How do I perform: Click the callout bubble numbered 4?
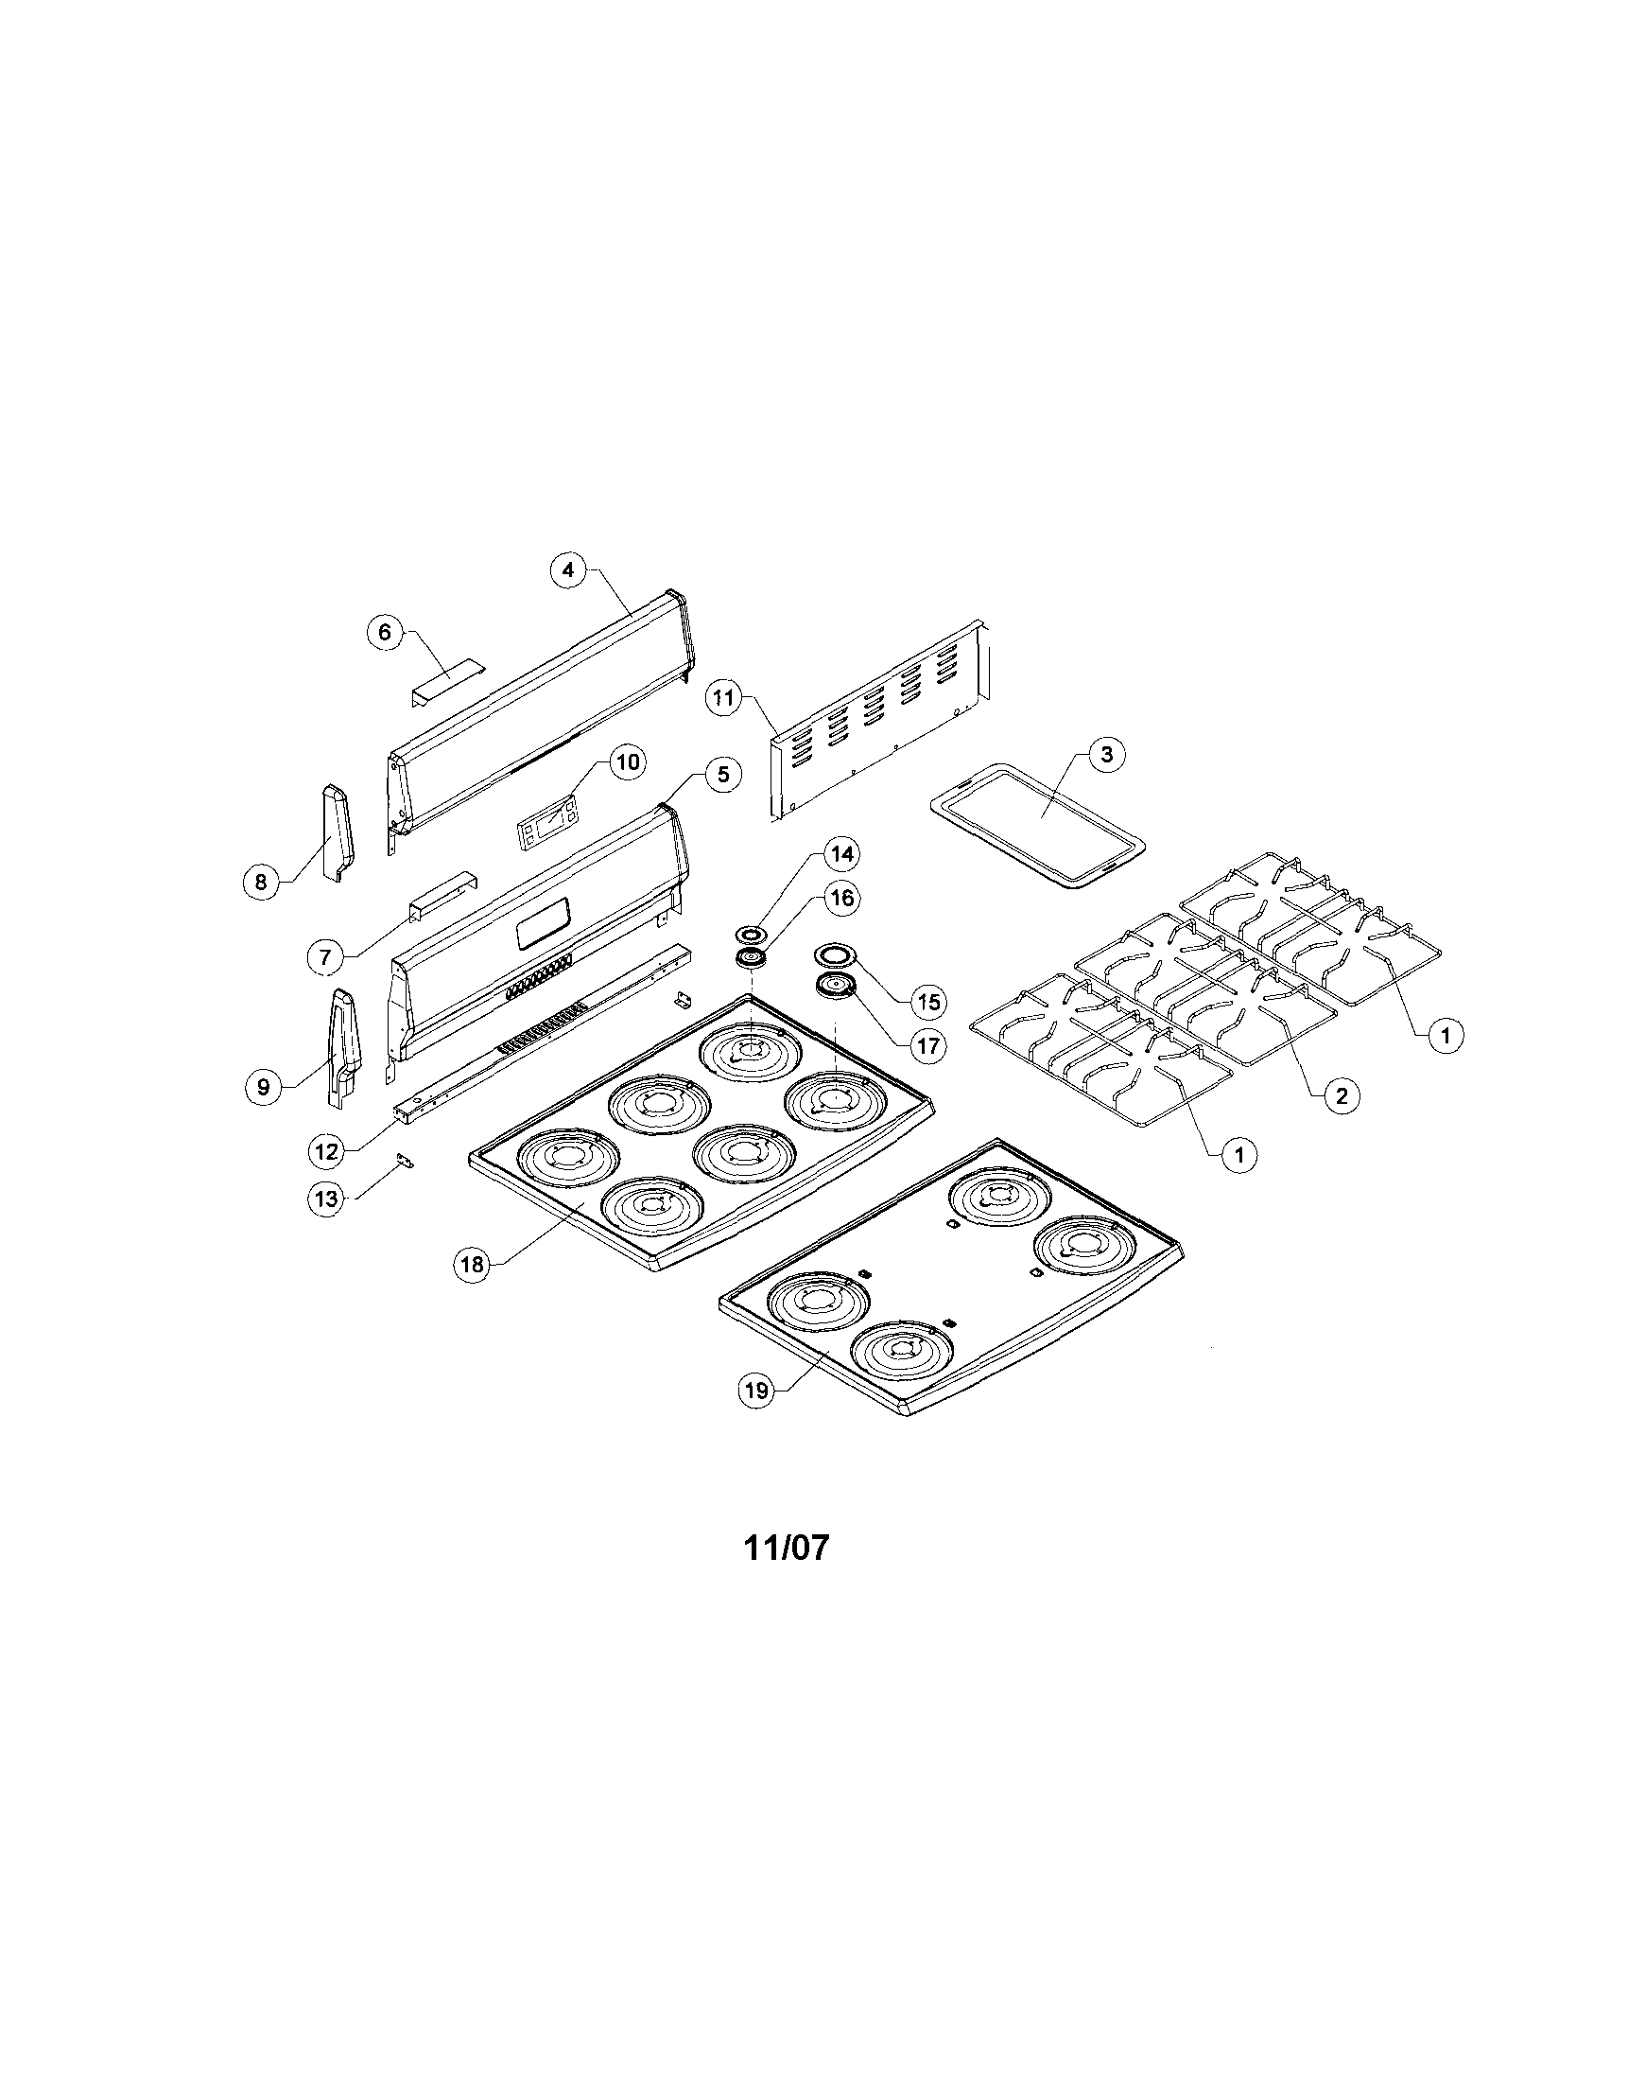click(568, 570)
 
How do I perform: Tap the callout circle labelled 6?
click(385, 632)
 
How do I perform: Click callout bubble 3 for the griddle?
click(1107, 754)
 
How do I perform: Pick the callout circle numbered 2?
click(1342, 1094)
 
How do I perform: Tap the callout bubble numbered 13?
click(327, 1199)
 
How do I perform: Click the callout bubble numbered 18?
click(472, 1265)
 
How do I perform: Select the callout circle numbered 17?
click(927, 1045)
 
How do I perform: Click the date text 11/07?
click(786, 1549)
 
